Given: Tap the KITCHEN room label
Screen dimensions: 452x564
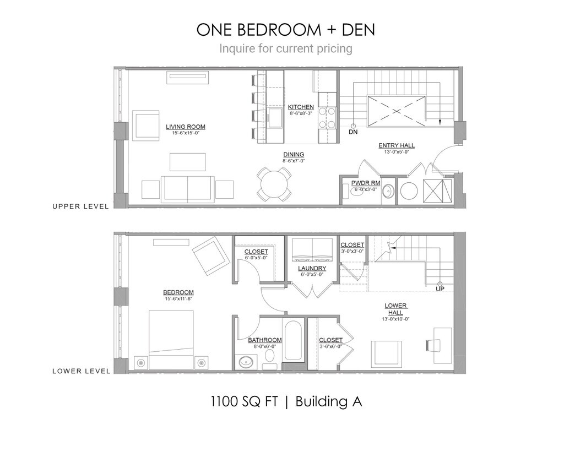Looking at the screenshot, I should click(301, 107).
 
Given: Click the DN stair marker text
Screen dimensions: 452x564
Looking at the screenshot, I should click(353, 132).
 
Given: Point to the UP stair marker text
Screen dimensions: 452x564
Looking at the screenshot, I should click(440, 288).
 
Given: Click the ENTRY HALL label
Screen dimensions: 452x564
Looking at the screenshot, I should click(397, 145).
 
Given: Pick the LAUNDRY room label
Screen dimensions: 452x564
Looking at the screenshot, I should click(312, 269).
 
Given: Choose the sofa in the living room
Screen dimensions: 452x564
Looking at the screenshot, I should click(188, 189).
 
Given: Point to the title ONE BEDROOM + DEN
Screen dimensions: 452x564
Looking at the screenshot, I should click(285, 30).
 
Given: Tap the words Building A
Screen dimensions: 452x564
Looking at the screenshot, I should click(329, 401).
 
